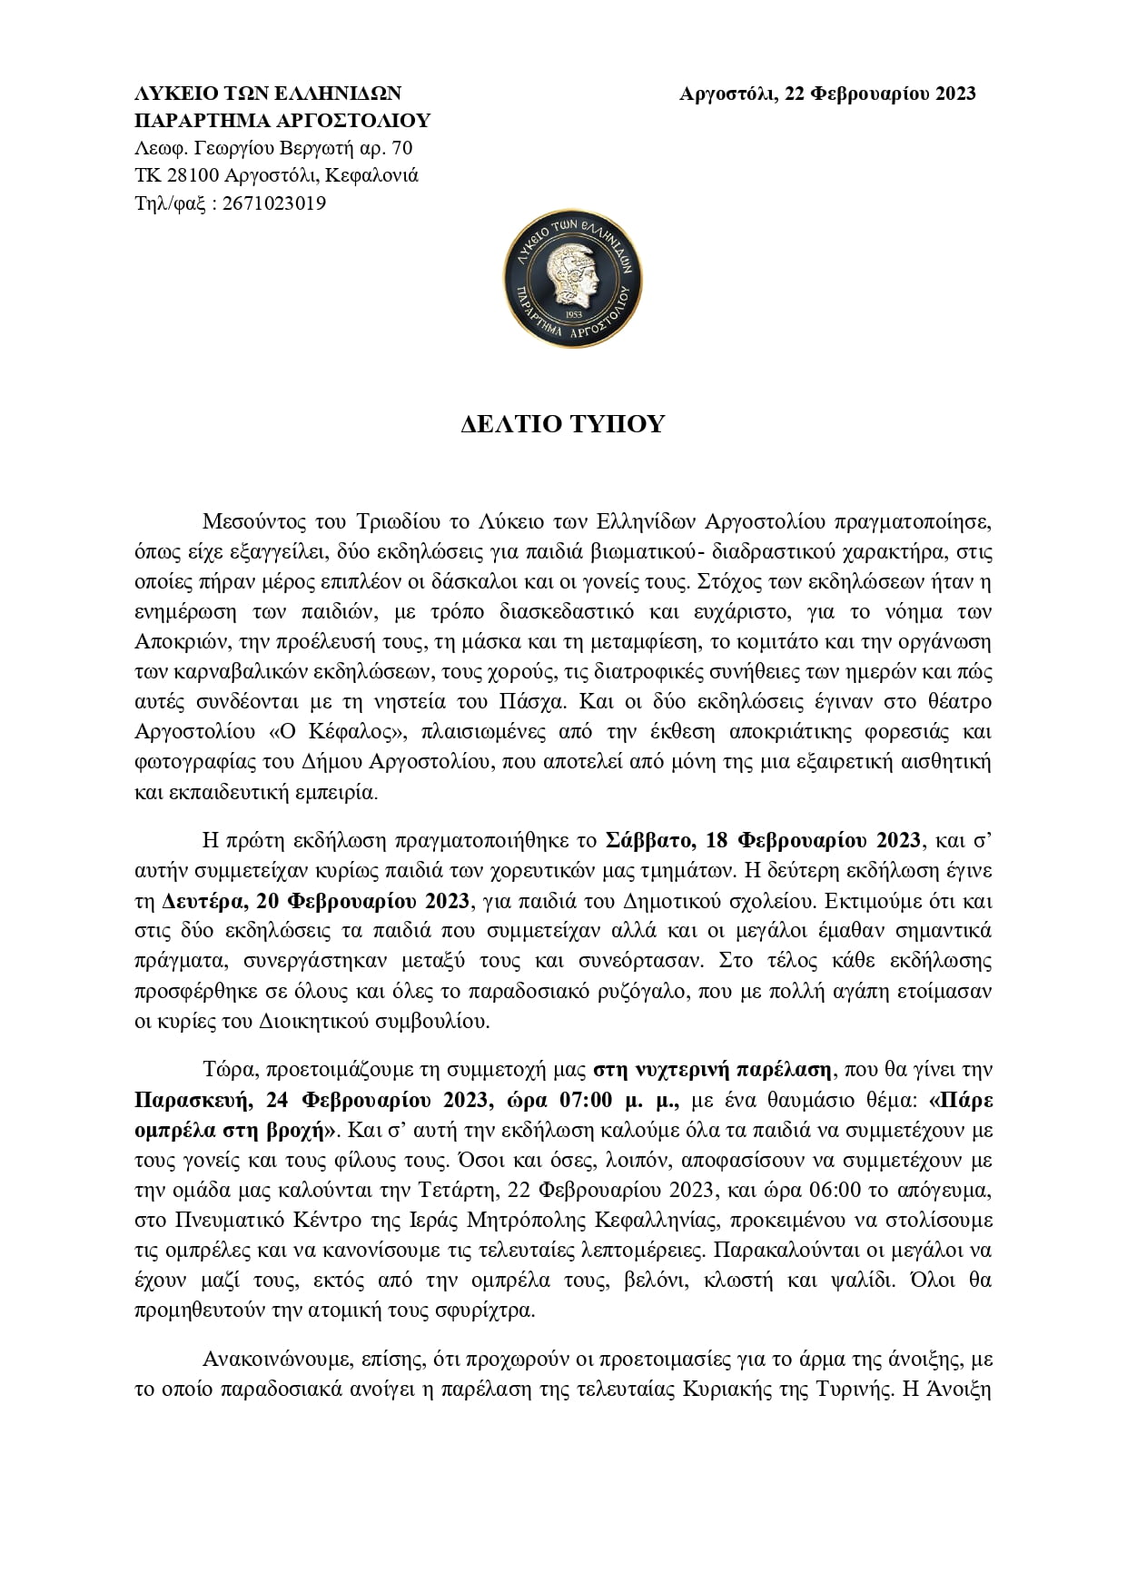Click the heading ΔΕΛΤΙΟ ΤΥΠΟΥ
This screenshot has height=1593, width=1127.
click(562, 424)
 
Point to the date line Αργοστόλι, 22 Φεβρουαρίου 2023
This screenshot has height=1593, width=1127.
click(827, 94)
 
